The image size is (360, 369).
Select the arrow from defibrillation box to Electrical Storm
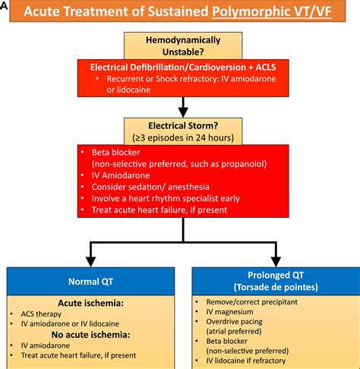(x=180, y=103)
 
